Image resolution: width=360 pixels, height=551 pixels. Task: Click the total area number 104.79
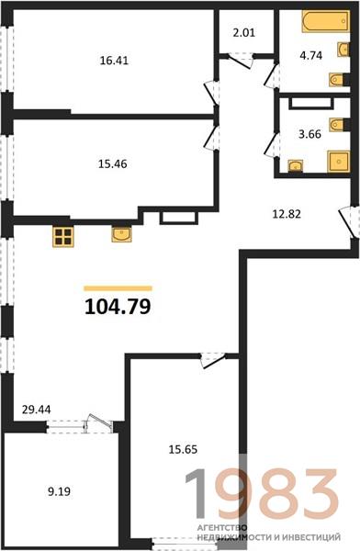tap(118, 307)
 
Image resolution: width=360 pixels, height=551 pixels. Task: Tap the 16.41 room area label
tap(114, 61)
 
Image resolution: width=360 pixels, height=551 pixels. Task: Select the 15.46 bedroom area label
tap(112, 164)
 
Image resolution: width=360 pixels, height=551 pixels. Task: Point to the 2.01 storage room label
tap(244, 33)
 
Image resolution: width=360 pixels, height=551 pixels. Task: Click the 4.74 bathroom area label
tap(311, 55)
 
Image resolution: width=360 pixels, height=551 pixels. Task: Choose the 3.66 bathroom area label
tap(309, 134)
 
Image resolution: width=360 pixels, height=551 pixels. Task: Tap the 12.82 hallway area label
tap(287, 214)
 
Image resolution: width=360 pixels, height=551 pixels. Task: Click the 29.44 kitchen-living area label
tap(36, 410)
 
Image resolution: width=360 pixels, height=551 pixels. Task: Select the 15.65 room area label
tap(183, 449)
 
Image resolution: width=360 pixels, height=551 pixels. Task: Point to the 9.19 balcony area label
tap(59, 491)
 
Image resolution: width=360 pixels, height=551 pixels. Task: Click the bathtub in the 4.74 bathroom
tap(325, 21)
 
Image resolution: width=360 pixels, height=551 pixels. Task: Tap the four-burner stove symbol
tap(63, 237)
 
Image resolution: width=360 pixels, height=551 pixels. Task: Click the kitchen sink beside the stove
tap(121, 234)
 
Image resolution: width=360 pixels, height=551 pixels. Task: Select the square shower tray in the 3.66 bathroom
tap(339, 162)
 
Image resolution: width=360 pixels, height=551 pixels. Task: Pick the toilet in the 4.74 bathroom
tap(338, 80)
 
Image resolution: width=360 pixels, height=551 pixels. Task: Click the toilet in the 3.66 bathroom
tap(339, 124)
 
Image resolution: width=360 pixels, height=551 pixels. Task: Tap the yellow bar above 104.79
tap(118, 288)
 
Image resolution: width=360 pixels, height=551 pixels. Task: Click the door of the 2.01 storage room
tap(242, 61)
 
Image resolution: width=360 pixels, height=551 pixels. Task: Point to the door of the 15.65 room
tap(213, 361)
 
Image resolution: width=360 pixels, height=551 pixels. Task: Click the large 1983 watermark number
tap(262, 493)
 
